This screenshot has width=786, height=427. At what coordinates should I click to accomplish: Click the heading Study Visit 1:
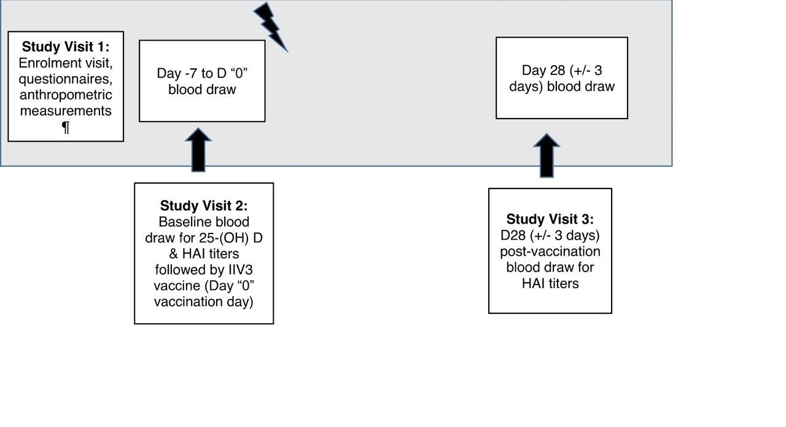click(x=66, y=47)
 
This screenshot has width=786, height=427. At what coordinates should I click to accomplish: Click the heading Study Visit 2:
click(x=204, y=205)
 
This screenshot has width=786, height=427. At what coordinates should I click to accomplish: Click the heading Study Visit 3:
click(x=550, y=219)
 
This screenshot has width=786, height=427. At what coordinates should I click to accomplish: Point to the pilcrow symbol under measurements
click(x=66, y=127)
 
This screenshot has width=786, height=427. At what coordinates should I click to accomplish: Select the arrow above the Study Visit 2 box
click(x=198, y=151)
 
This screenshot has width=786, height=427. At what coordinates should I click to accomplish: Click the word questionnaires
click(x=66, y=79)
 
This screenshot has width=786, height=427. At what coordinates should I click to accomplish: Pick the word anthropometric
click(x=66, y=95)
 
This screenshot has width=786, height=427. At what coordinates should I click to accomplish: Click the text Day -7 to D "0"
click(x=202, y=73)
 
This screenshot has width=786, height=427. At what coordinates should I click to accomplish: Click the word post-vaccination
click(x=550, y=252)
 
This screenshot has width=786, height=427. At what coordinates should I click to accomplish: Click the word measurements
click(x=66, y=111)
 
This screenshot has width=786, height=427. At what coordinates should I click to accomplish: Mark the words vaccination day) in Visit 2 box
click(x=203, y=302)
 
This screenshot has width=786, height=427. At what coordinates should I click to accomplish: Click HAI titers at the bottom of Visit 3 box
click(x=550, y=284)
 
